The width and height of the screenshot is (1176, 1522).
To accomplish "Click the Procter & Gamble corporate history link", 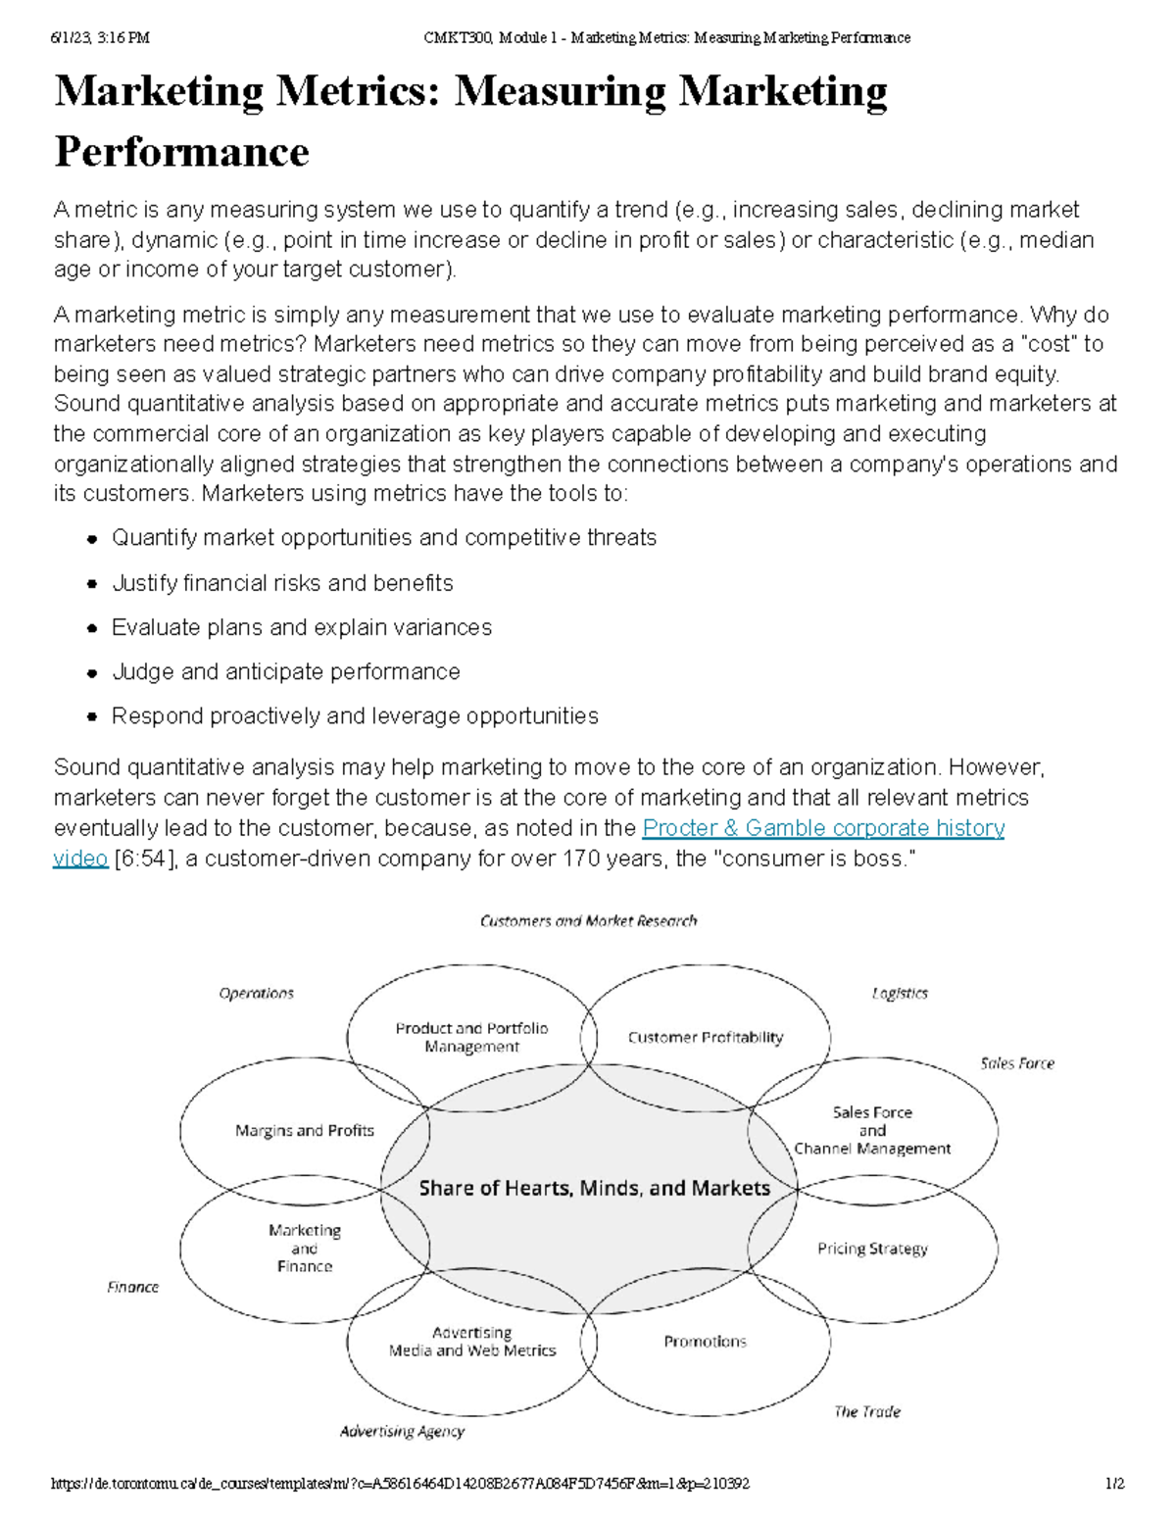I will (x=823, y=828).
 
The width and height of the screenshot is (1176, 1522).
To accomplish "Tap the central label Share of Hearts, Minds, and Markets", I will (x=594, y=1188).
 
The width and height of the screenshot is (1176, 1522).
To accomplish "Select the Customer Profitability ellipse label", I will (x=706, y=1037).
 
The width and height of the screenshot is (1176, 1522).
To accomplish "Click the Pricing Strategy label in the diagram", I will (x=872, y=1249).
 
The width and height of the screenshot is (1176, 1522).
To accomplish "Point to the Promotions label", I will (x=705, y=1342).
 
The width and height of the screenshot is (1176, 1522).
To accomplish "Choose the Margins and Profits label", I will (x=305, y=1130).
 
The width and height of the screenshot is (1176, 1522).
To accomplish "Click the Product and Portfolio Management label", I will (x=471, y=1037).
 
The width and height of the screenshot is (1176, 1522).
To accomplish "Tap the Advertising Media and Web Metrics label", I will (x=472, y=1342).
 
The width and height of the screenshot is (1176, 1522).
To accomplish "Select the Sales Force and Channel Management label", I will (x=872, y=1130).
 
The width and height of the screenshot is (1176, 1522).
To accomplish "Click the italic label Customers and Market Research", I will (x=588, y=921).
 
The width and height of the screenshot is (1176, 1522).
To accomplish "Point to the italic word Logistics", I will (x=900, y=993).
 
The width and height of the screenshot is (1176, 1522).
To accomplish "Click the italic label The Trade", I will (x=867, y=1411).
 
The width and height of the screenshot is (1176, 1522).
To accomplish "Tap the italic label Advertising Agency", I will (x=402, y=1432).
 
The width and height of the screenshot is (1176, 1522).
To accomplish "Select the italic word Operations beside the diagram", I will (x=256, y=993).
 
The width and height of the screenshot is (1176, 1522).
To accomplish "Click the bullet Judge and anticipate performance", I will (x=285, y=671).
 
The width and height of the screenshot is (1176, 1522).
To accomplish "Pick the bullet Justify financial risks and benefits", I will (x=282, y=583).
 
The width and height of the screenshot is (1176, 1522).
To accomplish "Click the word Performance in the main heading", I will (x=181, y=152).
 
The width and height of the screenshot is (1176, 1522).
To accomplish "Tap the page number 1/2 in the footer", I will (x=1114, y=1484).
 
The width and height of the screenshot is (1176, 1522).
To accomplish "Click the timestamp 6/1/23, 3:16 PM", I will (x=100, y=38).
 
